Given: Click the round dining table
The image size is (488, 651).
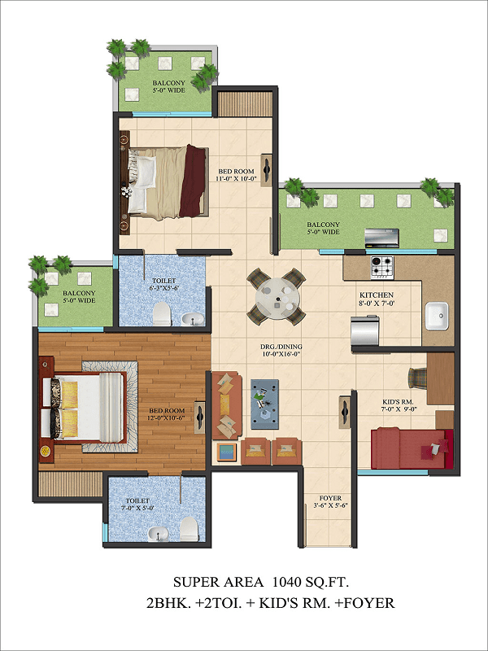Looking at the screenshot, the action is [276, 297].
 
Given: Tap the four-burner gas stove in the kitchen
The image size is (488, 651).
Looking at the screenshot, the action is [382, 268].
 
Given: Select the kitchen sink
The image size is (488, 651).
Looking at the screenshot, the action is [437, 316].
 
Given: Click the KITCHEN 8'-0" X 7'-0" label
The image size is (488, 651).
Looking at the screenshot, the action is [377, 299].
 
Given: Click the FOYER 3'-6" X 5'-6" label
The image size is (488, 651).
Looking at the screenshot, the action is [330, 501].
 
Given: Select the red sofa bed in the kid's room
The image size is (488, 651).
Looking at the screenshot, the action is [412, 449].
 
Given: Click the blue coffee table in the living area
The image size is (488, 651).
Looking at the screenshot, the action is [265, 404].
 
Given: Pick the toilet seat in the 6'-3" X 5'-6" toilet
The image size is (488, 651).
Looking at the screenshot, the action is [162, 313].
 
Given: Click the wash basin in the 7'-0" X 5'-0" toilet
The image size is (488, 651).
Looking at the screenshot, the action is [158, 534].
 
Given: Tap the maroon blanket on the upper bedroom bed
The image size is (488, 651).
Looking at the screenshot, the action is [194, 181].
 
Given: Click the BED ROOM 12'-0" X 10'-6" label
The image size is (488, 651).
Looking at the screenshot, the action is [167, 414].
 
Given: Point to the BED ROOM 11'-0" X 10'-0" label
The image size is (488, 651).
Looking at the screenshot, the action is [237, 175].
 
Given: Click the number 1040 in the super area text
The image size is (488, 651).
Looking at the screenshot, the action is [286, 582].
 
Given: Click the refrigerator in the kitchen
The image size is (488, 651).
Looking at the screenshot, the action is [365, 330].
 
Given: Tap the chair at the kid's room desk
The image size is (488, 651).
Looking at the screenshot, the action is [417, 378].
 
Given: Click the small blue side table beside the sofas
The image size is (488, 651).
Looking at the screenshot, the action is [226, 452].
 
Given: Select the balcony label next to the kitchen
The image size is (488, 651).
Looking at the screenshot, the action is [323, 228].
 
